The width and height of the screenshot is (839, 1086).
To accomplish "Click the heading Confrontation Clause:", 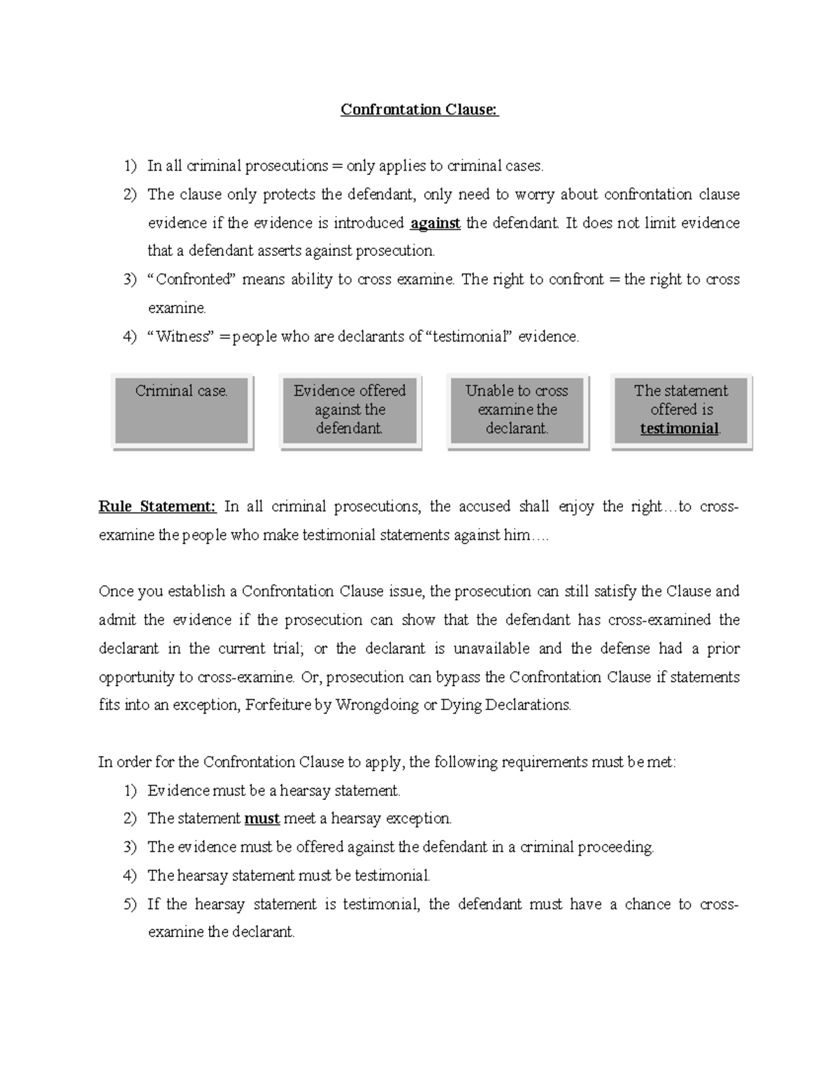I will [x=419, y=110].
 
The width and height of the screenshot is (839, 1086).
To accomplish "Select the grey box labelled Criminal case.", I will [x=182, y=410].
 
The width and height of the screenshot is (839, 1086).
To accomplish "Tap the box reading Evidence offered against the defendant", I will [x=350, y=410].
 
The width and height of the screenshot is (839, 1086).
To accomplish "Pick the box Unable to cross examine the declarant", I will [x=517, y=410].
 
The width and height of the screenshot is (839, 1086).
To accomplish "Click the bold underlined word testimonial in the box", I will [x=679, y=429].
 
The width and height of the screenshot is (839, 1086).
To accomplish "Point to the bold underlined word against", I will [x=435, y=223].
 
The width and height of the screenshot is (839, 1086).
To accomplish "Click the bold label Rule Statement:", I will [x=158, y=506].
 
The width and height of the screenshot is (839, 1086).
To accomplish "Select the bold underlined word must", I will [x=262, y=818].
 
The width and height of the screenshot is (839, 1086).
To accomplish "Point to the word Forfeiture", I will [x=279, y=705].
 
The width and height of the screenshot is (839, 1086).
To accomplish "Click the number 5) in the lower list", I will [x=131, y=904].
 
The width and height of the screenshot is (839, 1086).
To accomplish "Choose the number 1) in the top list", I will [x=131, y=166].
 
